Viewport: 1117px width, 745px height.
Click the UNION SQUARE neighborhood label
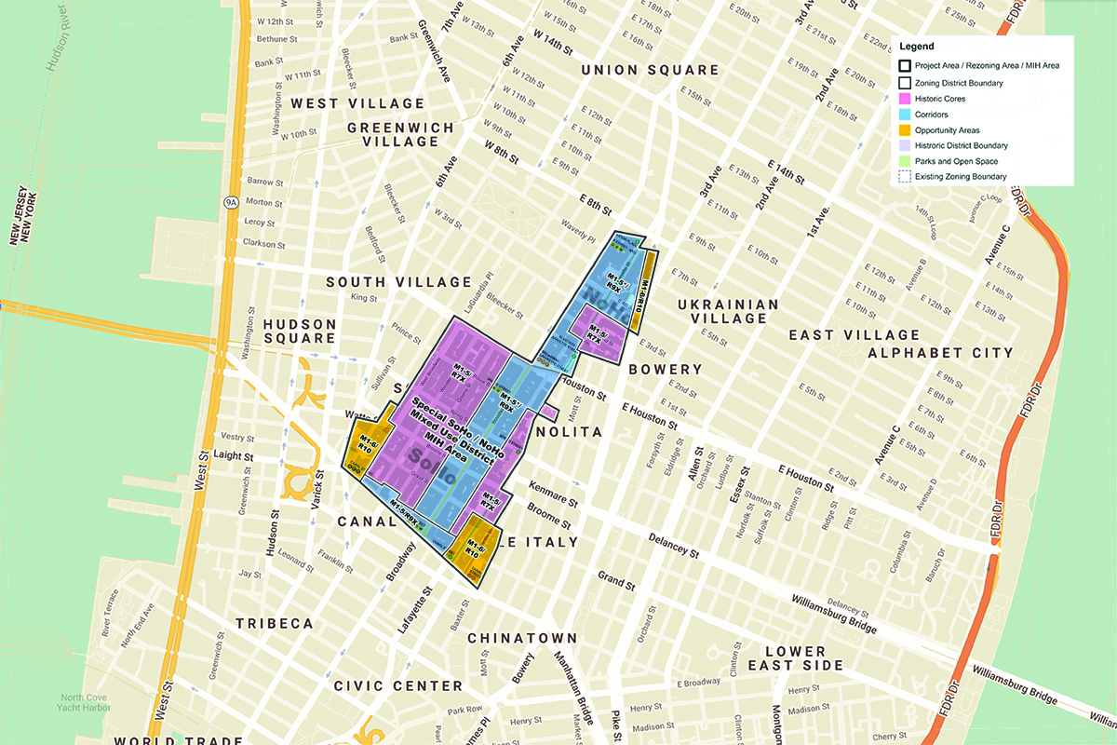650,70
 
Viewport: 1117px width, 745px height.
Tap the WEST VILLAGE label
357,103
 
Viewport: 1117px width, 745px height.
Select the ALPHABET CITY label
940,353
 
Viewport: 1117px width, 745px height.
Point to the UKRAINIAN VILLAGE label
728,311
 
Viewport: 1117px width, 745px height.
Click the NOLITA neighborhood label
570,432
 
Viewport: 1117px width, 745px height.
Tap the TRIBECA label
275,623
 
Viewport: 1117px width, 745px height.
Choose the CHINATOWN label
522,638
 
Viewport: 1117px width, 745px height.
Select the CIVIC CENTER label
398,685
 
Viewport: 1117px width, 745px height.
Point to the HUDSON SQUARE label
299,331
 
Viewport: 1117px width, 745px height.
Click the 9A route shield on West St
230,201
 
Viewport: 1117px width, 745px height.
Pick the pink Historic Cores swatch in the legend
904,99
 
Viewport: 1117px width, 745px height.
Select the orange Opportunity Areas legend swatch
904,130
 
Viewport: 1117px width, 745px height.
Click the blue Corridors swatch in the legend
904,115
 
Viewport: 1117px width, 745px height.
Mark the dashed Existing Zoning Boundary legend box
904,177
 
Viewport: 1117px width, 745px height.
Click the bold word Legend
917,47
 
